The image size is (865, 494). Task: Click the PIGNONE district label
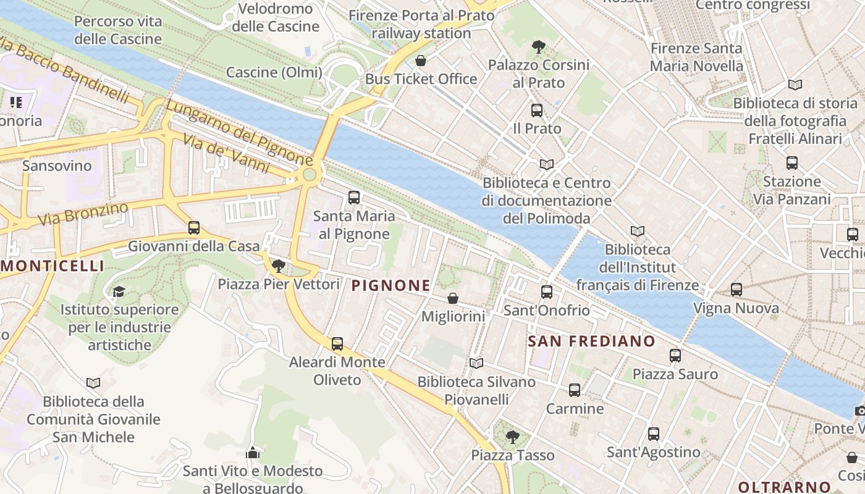[390, 285]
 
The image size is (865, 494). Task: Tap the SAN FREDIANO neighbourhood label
[591, 341]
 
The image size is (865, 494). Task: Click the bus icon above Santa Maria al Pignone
[354, 198]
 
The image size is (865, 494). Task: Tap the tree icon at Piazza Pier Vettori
[279, 266]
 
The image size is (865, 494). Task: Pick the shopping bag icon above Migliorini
[453, 298]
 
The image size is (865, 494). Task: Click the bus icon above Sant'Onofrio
[547, 292]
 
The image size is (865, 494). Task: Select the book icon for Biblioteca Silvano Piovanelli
[476, 363]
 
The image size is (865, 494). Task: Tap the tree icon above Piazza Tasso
[512, 437]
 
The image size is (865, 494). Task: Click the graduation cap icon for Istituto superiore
[119, 291]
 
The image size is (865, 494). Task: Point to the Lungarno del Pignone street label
[238, 132]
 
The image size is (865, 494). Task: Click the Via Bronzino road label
[83, 213]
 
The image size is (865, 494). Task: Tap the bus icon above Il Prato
[537, 111]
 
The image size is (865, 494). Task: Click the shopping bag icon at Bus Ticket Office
[421, 61]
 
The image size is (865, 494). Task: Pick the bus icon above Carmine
[575, 390]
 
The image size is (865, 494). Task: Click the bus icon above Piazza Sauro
[675, 356]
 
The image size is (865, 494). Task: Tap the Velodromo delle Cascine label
[276, 17]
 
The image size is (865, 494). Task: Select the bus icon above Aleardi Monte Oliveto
[337, 344]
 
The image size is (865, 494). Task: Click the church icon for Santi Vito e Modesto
[252, 453]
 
